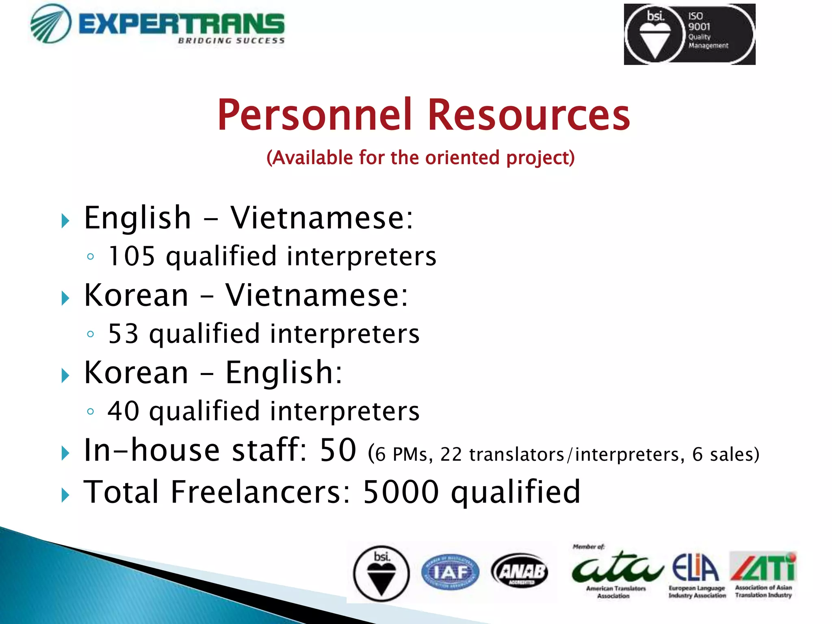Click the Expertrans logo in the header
point(158,24)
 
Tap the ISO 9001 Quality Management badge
point(689,34)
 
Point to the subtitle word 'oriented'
point(462,158)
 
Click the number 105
point(132,256)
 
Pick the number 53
point(123,334)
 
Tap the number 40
point(123,411)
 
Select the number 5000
point(401,492)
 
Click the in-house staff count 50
point(338,450)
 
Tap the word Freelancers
point(259,492)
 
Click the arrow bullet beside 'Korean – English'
point(65,375)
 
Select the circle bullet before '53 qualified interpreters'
point(91,334)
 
